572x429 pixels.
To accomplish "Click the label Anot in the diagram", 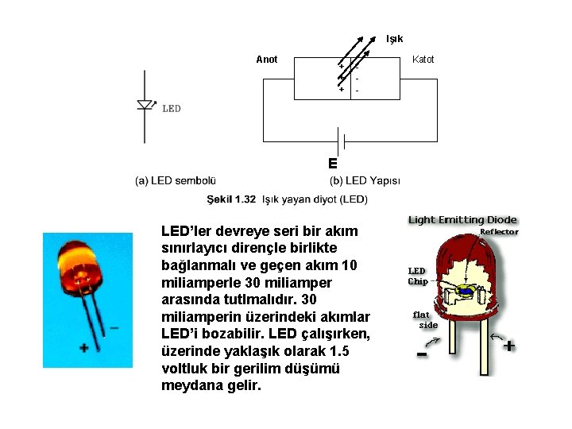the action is tap(267, 60).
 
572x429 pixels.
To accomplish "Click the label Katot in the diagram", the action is tap(423, 60).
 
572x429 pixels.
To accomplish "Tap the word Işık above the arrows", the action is tap(394, 39).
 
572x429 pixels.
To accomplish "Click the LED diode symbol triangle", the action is tap(145, 105).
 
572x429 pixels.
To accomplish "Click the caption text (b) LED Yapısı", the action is tap(365, 181).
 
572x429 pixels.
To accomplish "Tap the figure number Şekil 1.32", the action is tap(231, 198).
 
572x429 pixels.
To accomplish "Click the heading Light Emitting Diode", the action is tap(462, 220).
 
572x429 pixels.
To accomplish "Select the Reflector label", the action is tap(499, 232).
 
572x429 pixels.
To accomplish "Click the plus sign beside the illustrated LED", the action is tap(508, 346).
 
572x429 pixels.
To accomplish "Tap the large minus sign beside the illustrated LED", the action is tap(422, 354).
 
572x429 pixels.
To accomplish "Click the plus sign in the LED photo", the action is tap(84, 347).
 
